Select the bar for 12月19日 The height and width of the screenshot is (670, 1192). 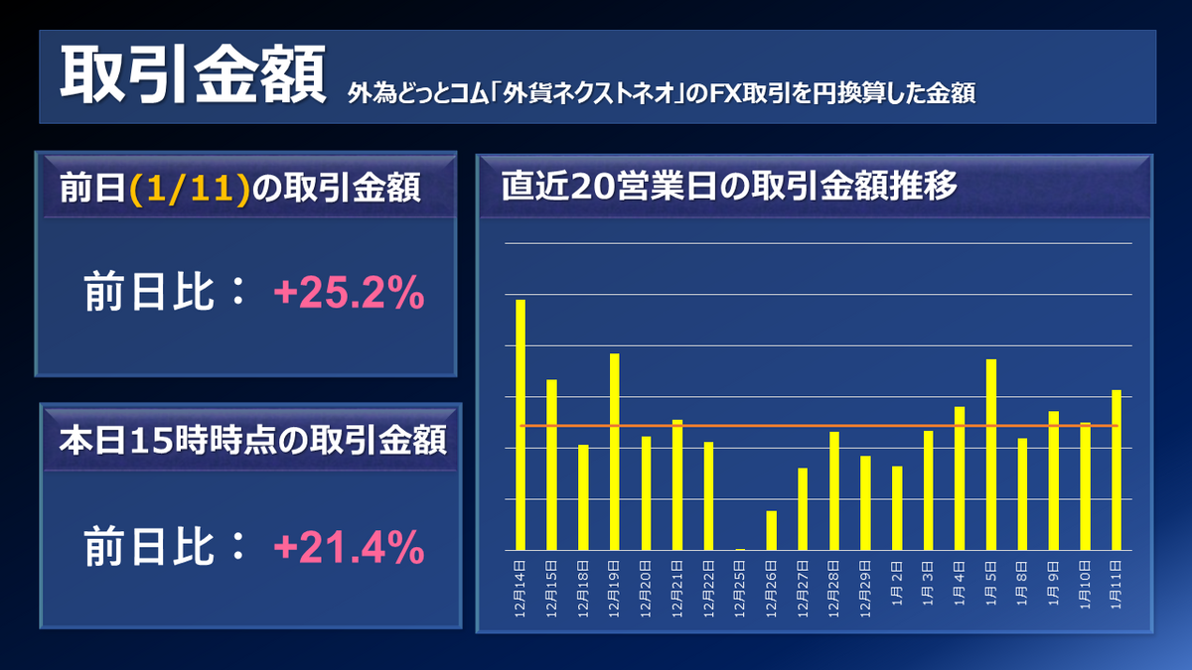pyautogui.click(x=614, y=452)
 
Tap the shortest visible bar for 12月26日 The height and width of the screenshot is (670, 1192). pyautogui.click(x=771, y=530)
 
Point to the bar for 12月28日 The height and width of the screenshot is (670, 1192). pyautogui.click(x=833, y=490)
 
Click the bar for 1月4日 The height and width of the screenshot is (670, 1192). pyautogui.click(x=960, y=477)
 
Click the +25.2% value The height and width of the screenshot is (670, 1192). pyautogui.click(x=349, y=294)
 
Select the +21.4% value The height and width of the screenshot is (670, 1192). pyautogui.click(x=349, y=546)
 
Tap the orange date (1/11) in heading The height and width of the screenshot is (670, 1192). pyautogui.click(x=188, y=189)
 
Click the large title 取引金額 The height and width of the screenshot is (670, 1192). pyautogui.click(x=193, y=75)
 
